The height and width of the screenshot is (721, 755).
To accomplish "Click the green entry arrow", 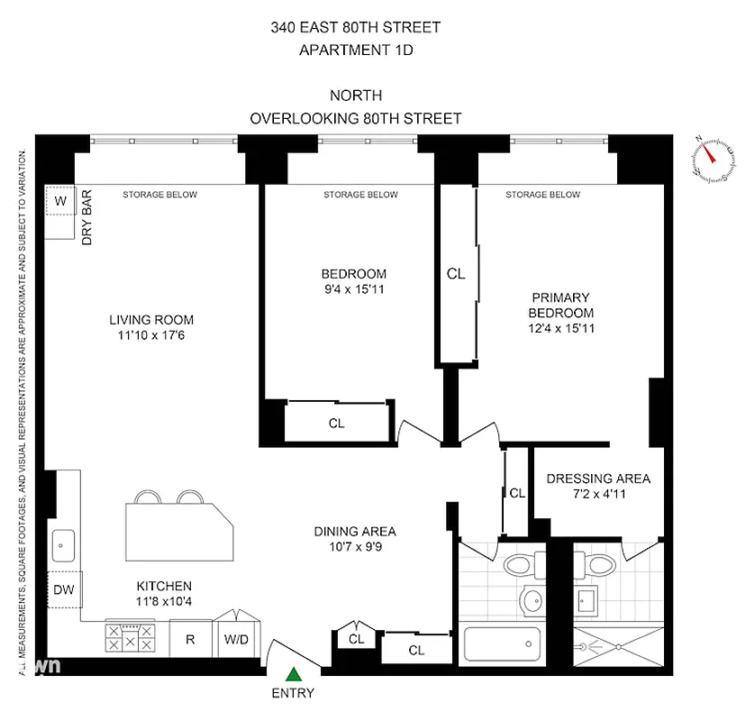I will tap(294, 672).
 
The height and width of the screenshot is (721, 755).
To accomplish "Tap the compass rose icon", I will tap(711, 159).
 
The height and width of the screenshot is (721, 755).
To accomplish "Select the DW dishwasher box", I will tap(63, 590).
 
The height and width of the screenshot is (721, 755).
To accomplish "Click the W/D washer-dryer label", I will tap(237, 641).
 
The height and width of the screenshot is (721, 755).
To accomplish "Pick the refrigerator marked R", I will tap(190, 641).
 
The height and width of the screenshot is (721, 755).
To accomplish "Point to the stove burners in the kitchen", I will tap(132, 639).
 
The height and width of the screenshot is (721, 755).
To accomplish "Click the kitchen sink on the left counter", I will tap(63, 544).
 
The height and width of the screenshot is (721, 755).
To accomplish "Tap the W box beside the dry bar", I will tap(60, 200).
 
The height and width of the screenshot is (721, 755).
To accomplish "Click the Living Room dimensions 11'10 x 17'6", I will tap(151, 335).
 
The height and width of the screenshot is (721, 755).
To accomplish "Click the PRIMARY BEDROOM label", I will tap(559, 305).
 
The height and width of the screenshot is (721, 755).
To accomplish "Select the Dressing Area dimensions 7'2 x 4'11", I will tap(597, 494).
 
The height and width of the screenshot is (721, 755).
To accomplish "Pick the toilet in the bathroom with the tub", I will tap(519, 565).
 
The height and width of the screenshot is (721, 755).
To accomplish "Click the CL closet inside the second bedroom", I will tap(336, 422).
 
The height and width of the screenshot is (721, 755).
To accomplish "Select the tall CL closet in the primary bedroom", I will tap(456, 274).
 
